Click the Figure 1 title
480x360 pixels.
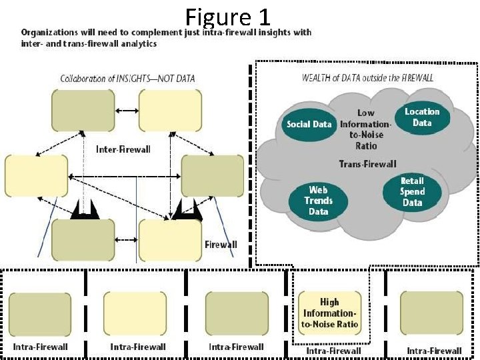pyautogui.click(x=228, y=17)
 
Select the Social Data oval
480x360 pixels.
pyautogui.click(x=309, y=125)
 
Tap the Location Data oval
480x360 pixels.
pyautogui.click(x=422, y=117)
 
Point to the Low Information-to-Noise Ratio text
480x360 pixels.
pyautogui.click(x=366, y=129)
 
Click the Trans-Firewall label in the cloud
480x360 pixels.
pyautogui.click(x=367, y=164)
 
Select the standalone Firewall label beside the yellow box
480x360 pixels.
pyautogui.click(x=221, y=245)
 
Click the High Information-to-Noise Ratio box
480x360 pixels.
pyautogui.click(x=329, y=313)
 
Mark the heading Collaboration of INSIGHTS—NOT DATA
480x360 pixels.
pyautogui.click(x=127, y=79)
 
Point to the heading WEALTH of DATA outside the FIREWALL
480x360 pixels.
pyautogui.click(x=367, y=78)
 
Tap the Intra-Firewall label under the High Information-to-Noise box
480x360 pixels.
pyautogui.click(x=333, y=351)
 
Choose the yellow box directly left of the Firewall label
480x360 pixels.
pyautogui.click(x=170, y=239)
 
